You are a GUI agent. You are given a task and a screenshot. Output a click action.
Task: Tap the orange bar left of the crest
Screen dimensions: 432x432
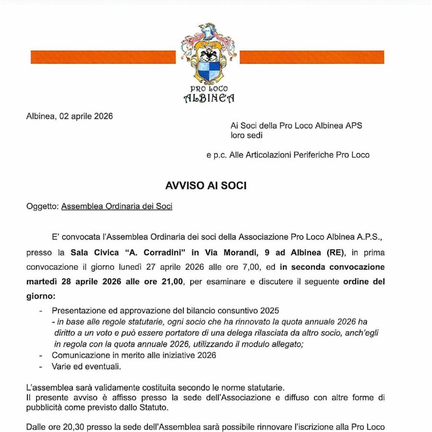click(x=103, y=57)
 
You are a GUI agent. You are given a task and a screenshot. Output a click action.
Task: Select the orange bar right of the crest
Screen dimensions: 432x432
click(x=312, y=57)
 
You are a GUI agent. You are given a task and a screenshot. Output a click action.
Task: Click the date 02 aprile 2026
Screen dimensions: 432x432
click(x=86, y=116)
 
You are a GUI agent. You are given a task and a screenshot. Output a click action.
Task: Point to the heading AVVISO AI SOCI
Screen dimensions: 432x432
click(x=206, y=186)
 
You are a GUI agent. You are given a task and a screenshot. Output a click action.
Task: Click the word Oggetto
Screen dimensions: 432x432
click(x=42, y=206)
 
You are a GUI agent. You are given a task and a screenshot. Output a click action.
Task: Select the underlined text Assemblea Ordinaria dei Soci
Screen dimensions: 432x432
click(x=117, y=206)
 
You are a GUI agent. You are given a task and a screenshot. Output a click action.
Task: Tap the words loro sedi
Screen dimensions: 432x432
click(x=247, y=136)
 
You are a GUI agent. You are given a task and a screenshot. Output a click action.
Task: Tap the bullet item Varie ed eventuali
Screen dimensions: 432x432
click(x=86, y=366)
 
